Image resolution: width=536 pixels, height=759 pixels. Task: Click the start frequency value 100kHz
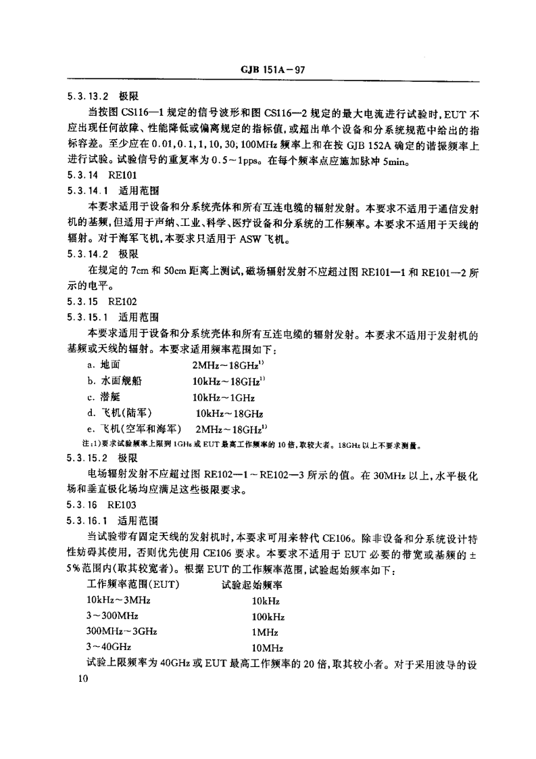[268, 616]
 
